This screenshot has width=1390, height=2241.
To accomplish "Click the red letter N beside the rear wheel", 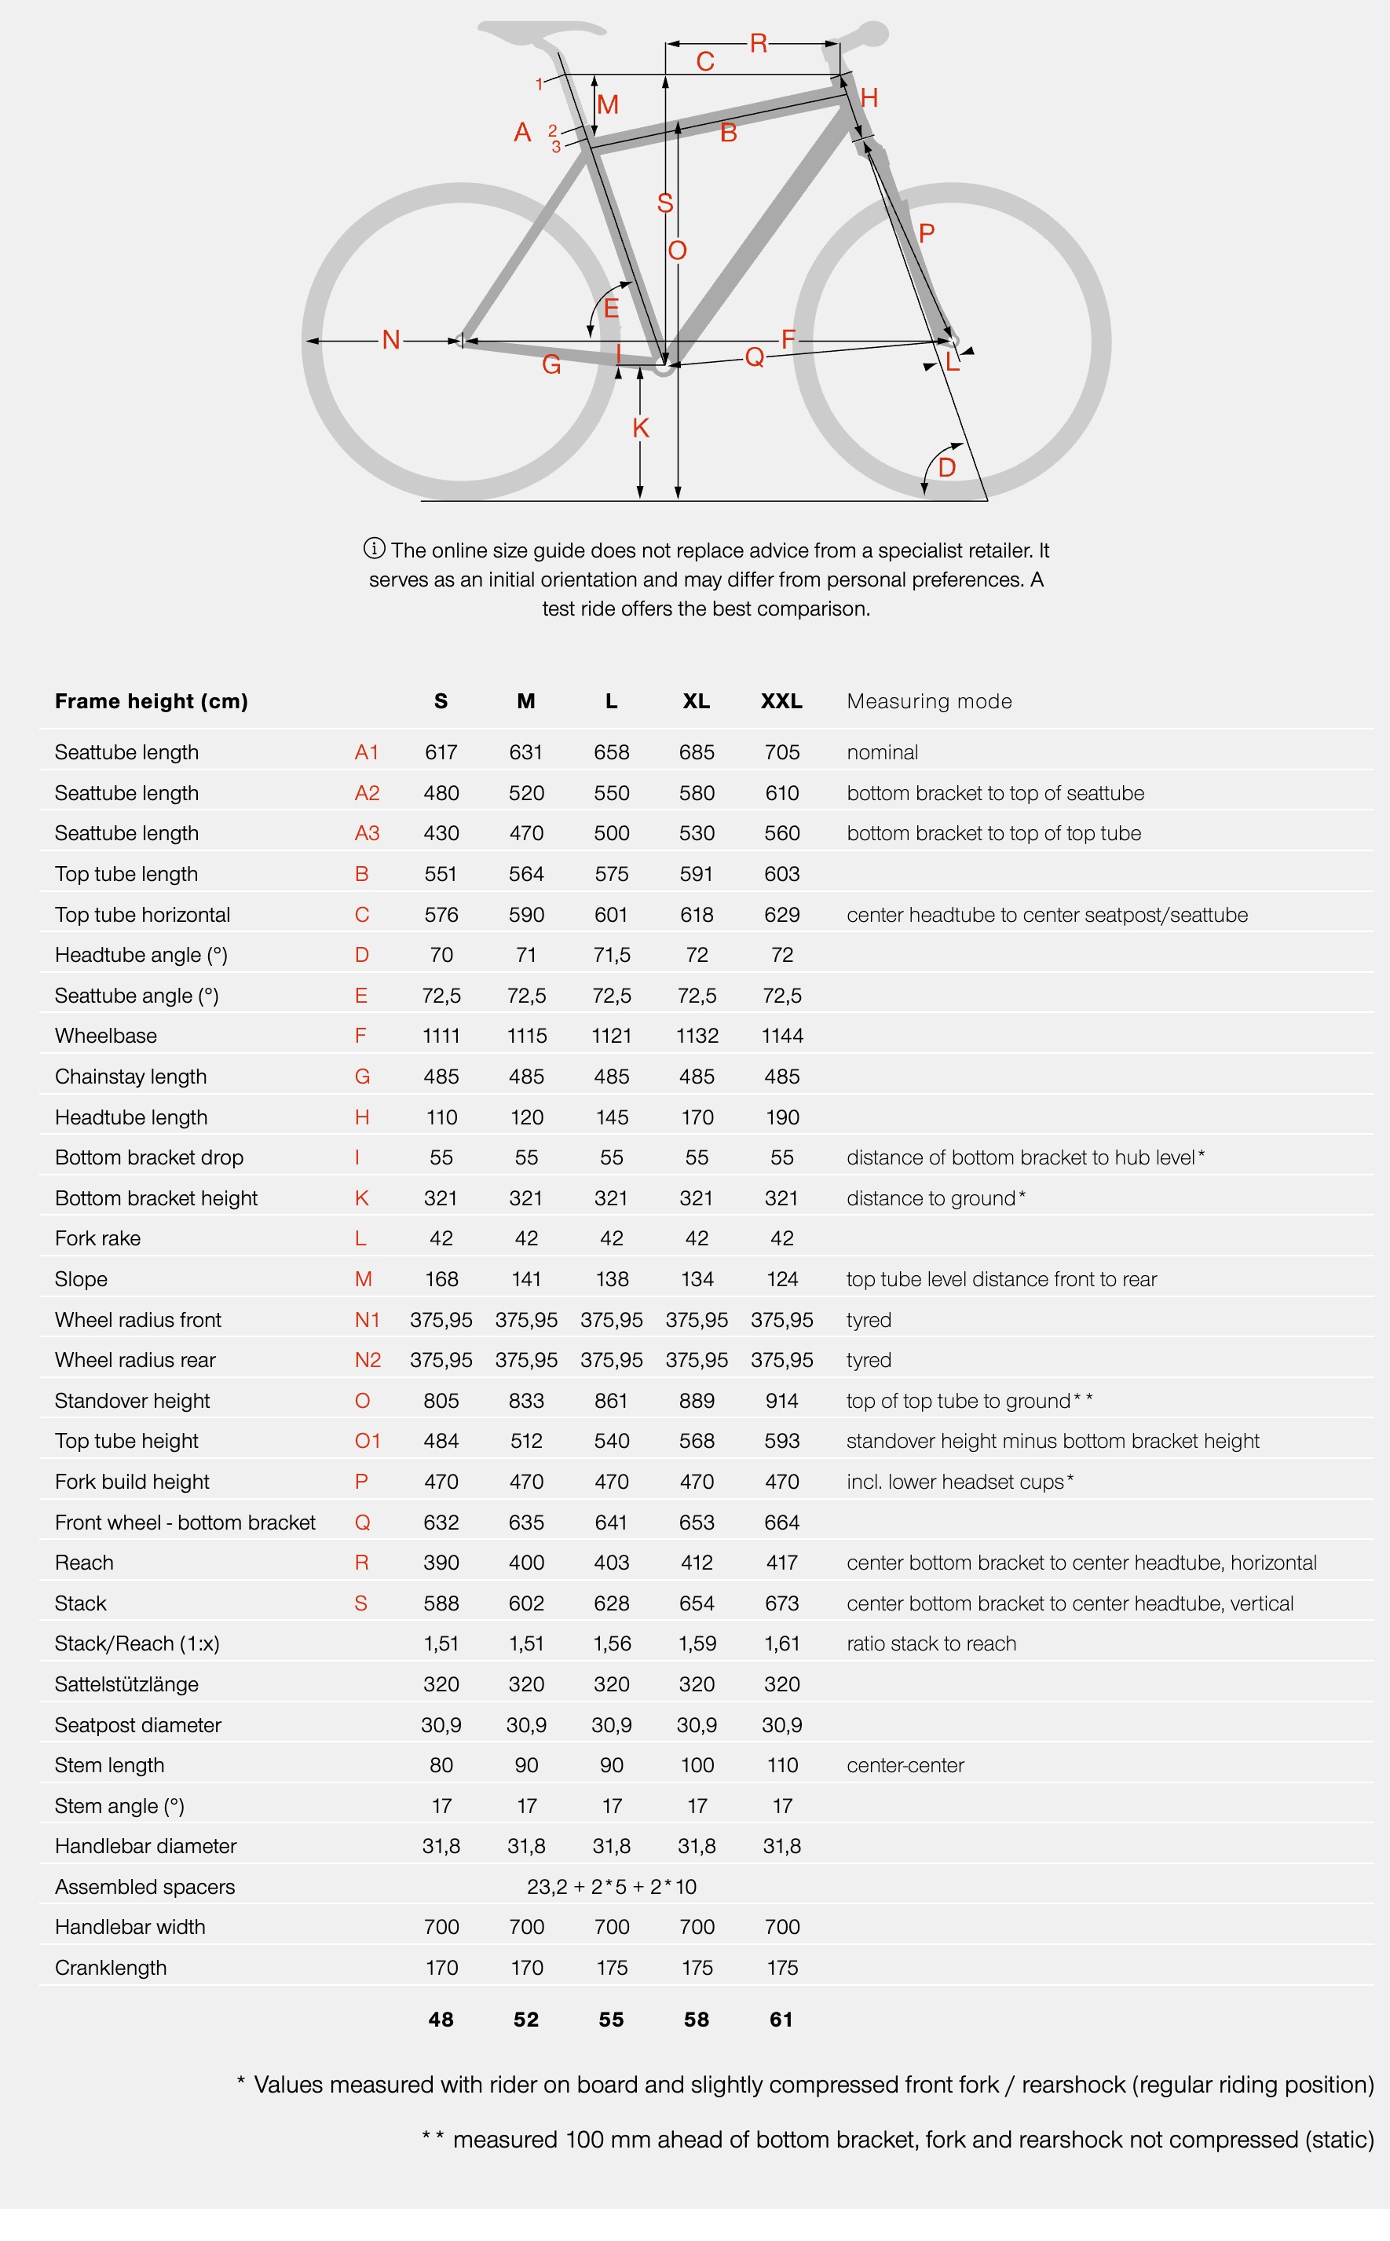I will tap(391, 340).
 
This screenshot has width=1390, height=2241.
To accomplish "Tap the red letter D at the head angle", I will tap(947, 468).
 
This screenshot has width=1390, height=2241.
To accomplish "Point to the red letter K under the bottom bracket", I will tap(641, 429).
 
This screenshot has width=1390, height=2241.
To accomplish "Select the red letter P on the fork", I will tap(927, 233).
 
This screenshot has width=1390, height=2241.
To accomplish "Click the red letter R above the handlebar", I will tap(759, 43).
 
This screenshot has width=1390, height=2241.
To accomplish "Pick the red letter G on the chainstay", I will tap(551, 365).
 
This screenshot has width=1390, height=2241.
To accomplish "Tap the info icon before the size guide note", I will tap(374, 549).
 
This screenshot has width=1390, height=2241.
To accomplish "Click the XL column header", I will tap(696, 701).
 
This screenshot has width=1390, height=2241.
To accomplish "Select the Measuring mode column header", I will tap(928, 701).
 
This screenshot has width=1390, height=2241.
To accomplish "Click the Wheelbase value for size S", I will tap(441, 1036).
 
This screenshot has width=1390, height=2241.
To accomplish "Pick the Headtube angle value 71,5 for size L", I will tap(611, 955).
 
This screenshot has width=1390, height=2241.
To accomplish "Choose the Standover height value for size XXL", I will tap(781, 1401).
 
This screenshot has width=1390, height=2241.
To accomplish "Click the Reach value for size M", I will tap(526, 1563).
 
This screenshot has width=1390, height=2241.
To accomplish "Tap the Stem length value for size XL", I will tap(697, 1765).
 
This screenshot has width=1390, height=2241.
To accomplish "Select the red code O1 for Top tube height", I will tap(367, 1442).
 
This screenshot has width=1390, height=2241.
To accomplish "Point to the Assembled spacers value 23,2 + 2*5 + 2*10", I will tap(611, 1887).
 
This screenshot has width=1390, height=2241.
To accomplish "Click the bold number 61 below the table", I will tap(781, 2020).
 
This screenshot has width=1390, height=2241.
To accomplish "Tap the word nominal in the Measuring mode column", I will tap(882, 753).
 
